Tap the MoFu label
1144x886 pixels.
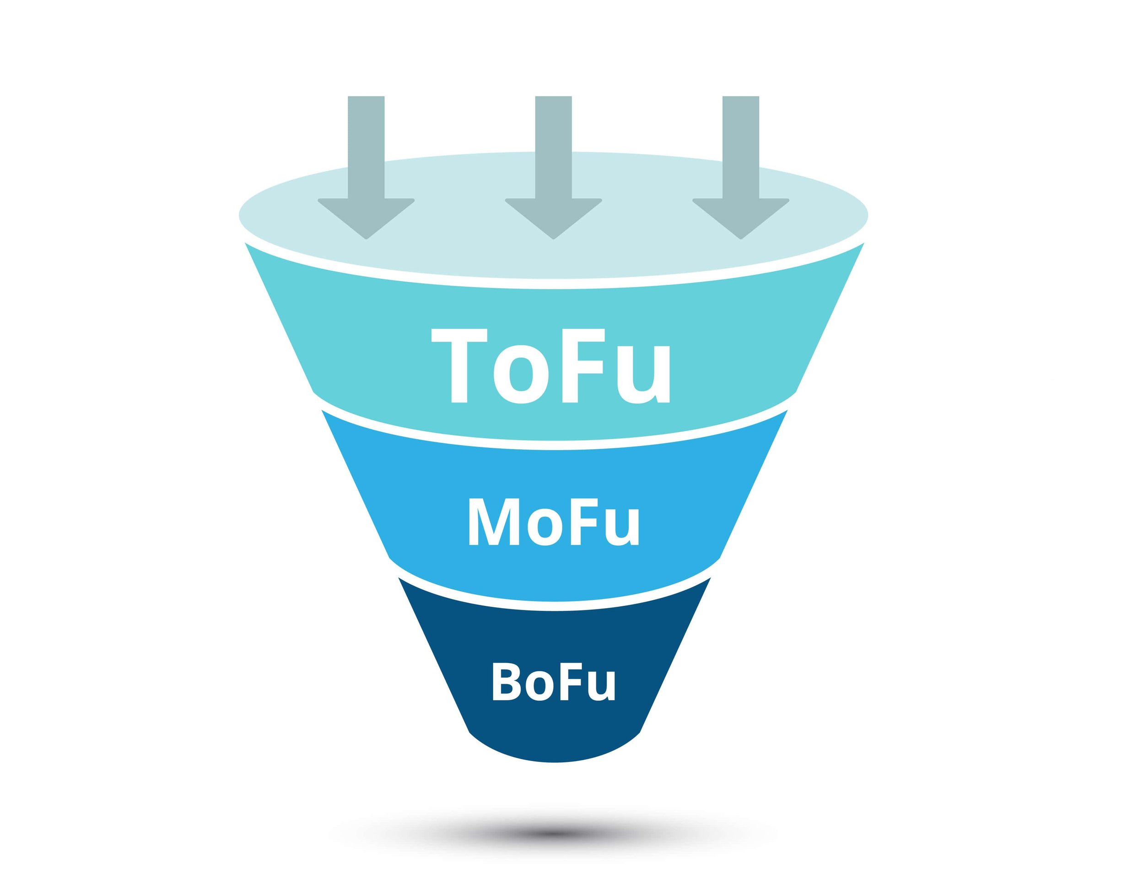(554, 521)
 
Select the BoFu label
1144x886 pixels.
(553, 681)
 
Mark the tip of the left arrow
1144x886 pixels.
(366, 238)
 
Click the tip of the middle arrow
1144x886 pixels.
(553, 238)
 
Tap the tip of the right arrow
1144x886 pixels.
(741, 238)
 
